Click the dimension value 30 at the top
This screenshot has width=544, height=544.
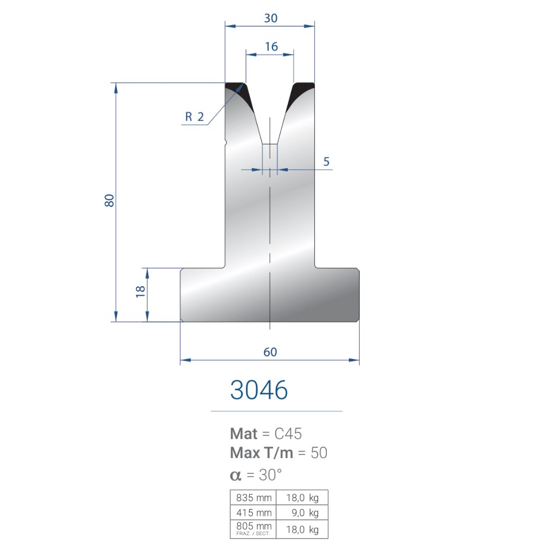pos(270,18)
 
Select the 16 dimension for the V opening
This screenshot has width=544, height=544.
pos(271,46)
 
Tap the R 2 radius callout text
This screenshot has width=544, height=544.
pos(194,116)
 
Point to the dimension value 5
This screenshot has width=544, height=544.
pos(326,162)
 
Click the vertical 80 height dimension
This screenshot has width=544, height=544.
pos(109,201)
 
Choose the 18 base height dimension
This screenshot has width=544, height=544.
pos(140,292)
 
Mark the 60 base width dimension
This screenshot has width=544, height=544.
pos(270,352)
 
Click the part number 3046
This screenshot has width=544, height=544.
pos(259,390)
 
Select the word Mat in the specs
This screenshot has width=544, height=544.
pos(244,434)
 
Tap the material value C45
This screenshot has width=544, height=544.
pos(288,434)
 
